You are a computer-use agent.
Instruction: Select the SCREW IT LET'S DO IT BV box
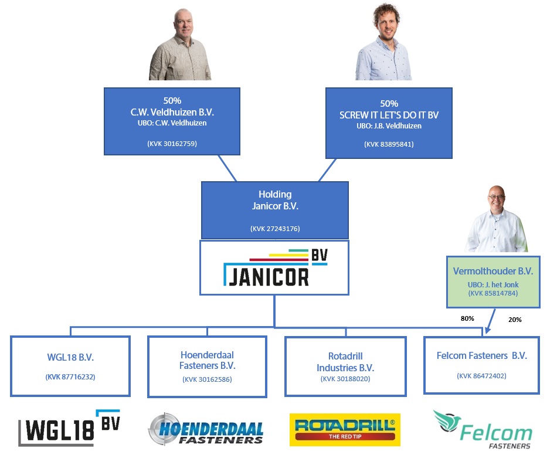(389, 123)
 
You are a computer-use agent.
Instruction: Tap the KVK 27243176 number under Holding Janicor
(274, 228)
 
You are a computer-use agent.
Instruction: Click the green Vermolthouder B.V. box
(493, 281)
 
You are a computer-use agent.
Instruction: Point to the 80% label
(467, 318)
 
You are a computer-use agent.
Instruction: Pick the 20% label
(514, 320)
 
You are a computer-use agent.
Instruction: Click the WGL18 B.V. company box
(70, 365)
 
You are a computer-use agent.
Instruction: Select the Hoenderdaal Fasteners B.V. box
(208, 366)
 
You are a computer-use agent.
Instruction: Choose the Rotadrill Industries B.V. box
(345, 366)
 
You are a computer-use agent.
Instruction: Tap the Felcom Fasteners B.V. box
(481, 364)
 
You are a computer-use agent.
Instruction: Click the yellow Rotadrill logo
(345, 429)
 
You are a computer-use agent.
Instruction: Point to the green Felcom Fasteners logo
(482, 429)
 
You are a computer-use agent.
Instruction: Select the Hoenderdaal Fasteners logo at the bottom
(206, 430)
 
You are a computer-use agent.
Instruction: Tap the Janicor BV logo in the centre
(274, 267)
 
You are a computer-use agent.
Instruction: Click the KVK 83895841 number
(389, 144)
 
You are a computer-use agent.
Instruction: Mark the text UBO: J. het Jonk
(493, 285)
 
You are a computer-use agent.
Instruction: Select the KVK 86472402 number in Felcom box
(481, 376)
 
